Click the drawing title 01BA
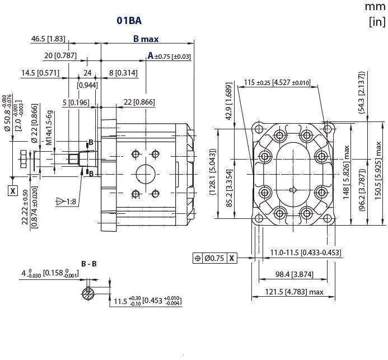[129, 21]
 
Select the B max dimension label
[146, 39]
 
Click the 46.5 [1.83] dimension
[48, 39]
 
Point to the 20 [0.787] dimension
[60, 55]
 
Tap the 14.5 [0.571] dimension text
[40, 73]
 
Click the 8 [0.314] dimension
[123, 73]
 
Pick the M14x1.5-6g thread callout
[49, 128]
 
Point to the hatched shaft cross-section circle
[87, 292]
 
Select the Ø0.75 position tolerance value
[215, 258]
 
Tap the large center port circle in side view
[145, 174]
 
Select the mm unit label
[375, 7]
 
